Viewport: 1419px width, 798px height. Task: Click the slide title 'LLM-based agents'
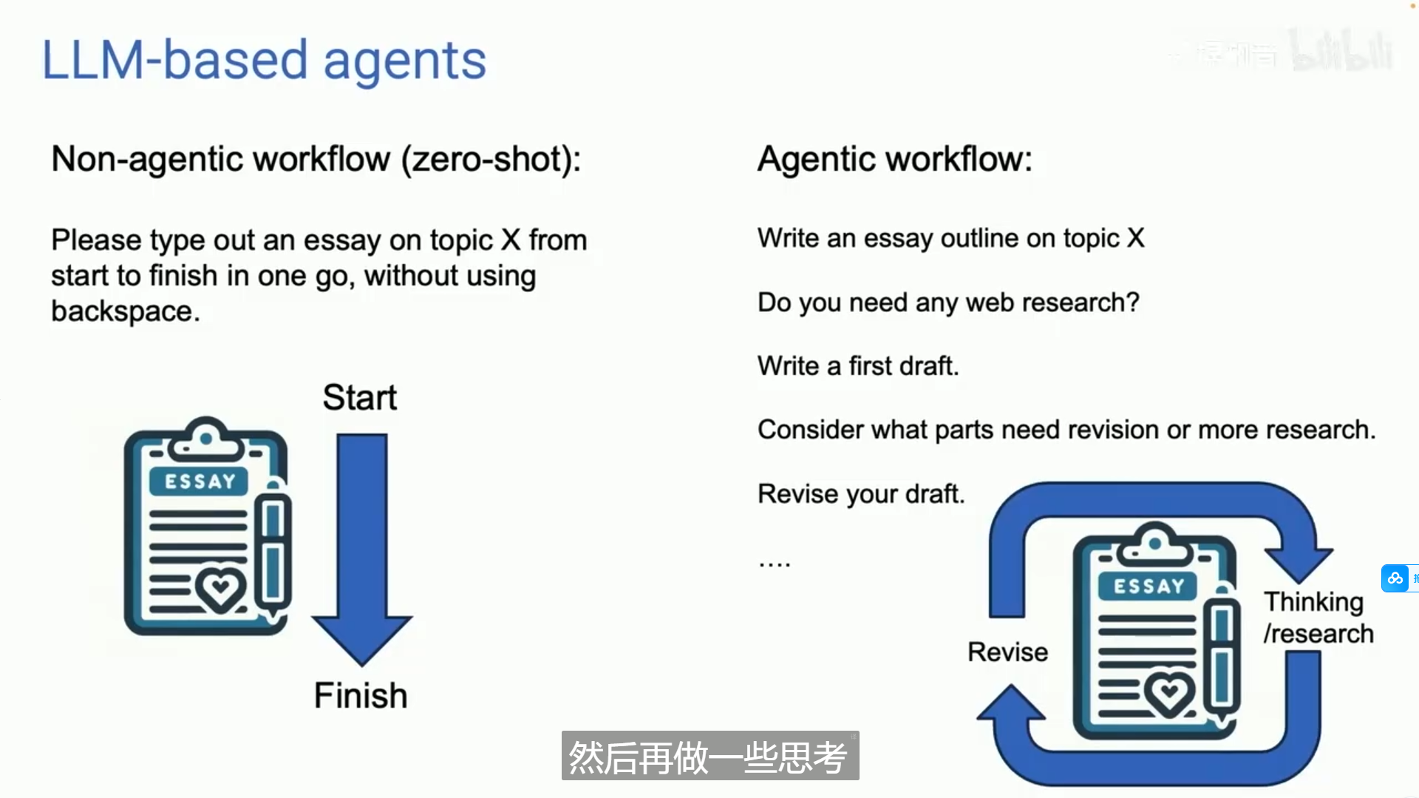click(264, 60)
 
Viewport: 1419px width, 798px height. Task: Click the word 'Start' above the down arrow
click(360, 397)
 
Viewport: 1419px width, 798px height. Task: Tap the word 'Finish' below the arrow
click(361, 695)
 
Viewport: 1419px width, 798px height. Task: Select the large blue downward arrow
click(362, 549)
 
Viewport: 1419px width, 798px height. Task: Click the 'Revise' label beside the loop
click(1008, 652)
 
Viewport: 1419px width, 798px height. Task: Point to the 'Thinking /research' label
click(1318, 618)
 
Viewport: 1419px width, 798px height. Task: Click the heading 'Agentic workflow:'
click(895, 159)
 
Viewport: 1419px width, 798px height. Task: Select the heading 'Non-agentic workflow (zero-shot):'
click(316, 159)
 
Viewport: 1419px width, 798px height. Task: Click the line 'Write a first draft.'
click(858, 366)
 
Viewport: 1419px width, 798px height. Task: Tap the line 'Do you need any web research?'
click(948, 302)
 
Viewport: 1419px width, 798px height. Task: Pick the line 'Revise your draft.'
click(861, 494)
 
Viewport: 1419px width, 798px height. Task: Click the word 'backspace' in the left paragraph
click(122, 311)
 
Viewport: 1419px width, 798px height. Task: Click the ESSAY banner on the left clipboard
click(199, 481)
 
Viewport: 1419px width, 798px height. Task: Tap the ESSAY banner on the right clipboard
click(1149, 586)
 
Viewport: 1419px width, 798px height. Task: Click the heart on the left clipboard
click(220, 589)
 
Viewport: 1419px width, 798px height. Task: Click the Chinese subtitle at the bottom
click(709, 757)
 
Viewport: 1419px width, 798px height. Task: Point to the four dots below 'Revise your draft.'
click(775, 565)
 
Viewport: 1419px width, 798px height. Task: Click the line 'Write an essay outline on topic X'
click(951, 238)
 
